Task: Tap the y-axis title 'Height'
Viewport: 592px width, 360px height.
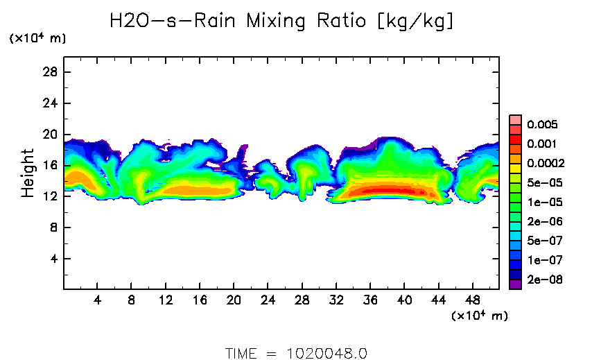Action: (28, 173)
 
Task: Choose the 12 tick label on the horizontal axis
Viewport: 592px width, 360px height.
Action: (166, 300)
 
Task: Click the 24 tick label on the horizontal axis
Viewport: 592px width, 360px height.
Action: (268, 300)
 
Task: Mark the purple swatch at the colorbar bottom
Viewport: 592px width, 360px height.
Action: (515, 284)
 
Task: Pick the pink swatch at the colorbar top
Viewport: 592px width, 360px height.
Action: (515, 119)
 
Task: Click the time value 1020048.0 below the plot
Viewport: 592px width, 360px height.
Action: (327, 352)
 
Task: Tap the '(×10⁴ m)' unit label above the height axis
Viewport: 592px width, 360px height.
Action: (37, 39)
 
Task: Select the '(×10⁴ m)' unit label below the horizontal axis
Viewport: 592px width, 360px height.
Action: (479, 316)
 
